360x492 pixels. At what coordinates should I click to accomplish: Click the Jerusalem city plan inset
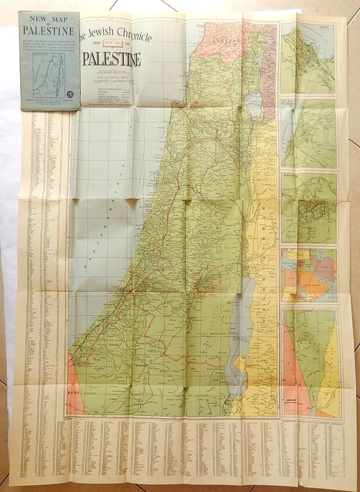point(308,208)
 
